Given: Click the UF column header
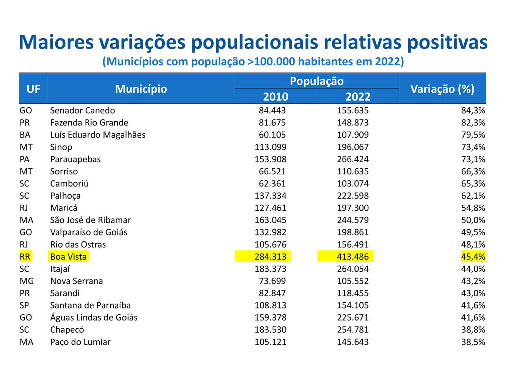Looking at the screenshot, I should point(33,89).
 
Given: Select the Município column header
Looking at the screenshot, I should point(141,89).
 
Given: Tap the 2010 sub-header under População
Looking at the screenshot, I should point(276,97).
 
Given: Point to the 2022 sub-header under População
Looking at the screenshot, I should point(358,97).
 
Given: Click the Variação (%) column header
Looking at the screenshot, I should point(442,89).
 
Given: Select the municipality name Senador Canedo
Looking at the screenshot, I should point(82,111).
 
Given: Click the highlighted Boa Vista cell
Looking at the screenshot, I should point(68,257).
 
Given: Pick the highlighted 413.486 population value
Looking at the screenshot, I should point(352,257).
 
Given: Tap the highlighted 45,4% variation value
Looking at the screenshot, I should point(473,257).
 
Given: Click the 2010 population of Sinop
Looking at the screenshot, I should point(270,147).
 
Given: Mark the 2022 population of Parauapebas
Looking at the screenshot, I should point(352,159).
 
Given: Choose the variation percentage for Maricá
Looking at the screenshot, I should point(473,208).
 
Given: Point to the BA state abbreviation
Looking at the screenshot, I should point(25,135).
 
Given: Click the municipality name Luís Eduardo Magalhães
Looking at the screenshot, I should point(97,135).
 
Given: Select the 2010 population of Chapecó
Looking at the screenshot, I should point(270,330).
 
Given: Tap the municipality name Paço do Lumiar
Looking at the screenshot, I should point(80,342).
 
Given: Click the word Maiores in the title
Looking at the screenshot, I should point(56,42).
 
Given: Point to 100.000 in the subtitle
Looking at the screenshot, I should point(275,61).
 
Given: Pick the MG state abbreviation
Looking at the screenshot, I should point(27,281).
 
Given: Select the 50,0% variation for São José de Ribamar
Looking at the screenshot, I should point(473,220).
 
